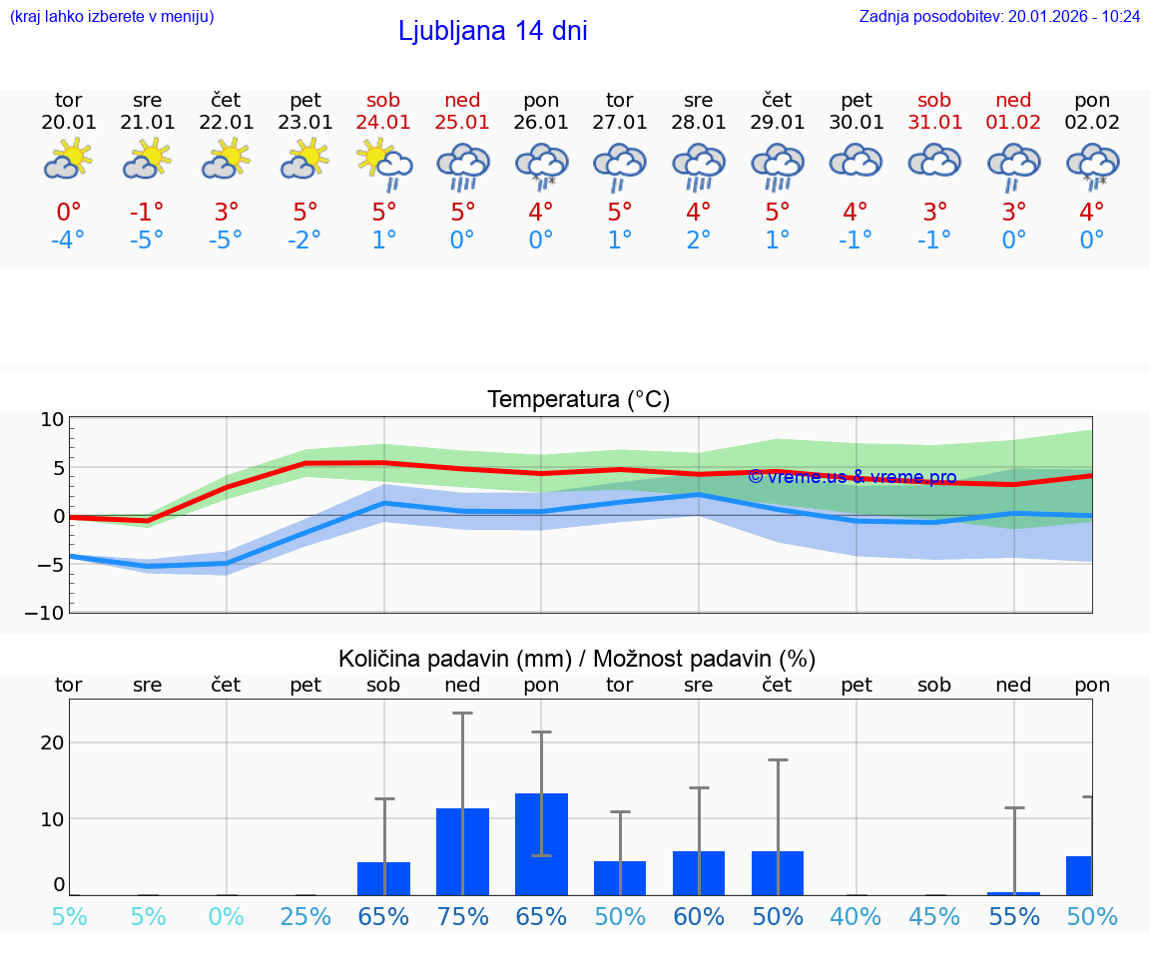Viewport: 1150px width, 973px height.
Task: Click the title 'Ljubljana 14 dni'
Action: [x=492, y=31]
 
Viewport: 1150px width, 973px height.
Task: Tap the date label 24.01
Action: [x=383, y=122]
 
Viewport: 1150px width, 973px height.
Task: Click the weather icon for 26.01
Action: [x=541, y=165]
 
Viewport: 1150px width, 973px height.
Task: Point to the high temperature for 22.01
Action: [x=227, y=213]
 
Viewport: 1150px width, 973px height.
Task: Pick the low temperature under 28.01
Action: [x=698, y=241]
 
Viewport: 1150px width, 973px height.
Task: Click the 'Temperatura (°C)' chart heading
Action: [x=578, y=400]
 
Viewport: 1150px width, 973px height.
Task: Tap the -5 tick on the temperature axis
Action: [x=51, y=565]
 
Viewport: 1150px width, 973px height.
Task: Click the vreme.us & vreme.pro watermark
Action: [x=852, y=477]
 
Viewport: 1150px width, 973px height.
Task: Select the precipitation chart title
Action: [x=577, y=659]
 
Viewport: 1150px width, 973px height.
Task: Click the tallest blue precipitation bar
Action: [x=541, y=844]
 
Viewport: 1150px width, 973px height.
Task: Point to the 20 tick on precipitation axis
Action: [x=52, y=742]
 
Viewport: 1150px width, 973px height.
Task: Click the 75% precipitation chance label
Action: [x=462, y=916]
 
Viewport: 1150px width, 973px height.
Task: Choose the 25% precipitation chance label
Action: [x=304, y=916]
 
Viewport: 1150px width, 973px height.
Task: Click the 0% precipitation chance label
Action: [x=227, y=916]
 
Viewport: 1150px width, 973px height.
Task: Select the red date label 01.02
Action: [x=1013, y=122]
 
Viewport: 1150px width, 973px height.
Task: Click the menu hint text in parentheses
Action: [x=112, y=16]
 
